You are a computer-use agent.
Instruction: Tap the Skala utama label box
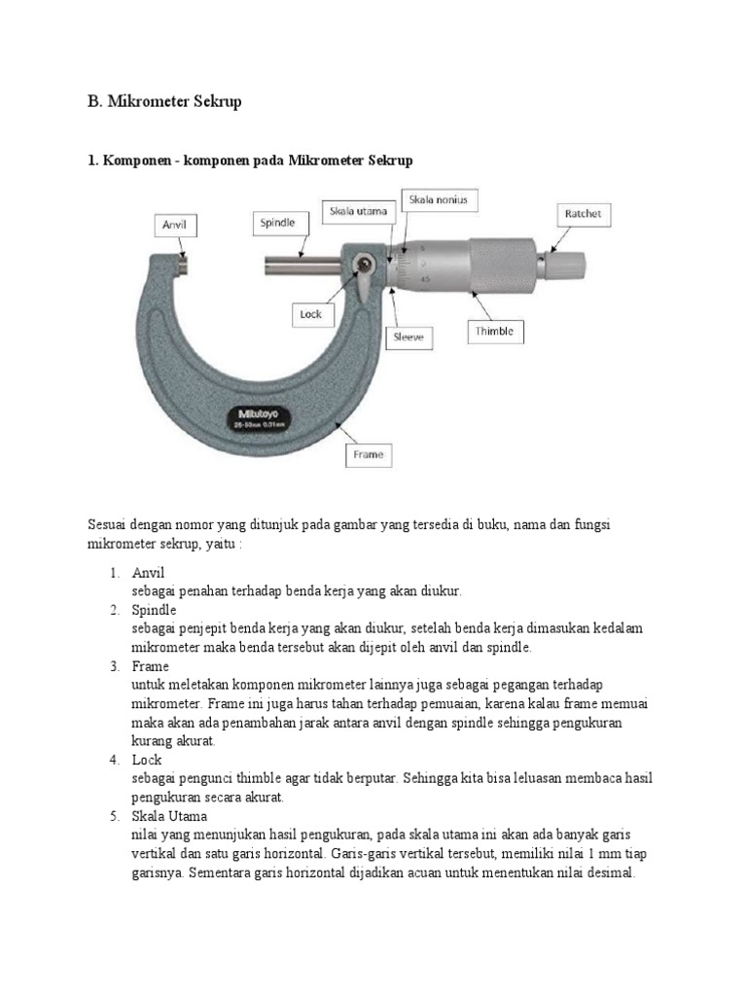point(356,211)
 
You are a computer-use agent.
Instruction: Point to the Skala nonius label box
point(445,200)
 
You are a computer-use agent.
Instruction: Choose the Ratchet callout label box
point(583,213)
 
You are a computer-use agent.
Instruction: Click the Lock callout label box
point(310,314)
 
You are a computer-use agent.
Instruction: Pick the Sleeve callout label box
point(409,338)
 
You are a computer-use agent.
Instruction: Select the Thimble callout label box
point(494,332)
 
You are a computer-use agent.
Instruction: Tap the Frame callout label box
point(369,454)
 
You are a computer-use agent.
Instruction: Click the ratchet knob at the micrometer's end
point(565,263)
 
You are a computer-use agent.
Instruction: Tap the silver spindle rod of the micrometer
point(302,263)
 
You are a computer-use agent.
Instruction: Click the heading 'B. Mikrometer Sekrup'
point(165,101)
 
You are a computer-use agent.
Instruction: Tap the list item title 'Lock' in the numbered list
point(147,760)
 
